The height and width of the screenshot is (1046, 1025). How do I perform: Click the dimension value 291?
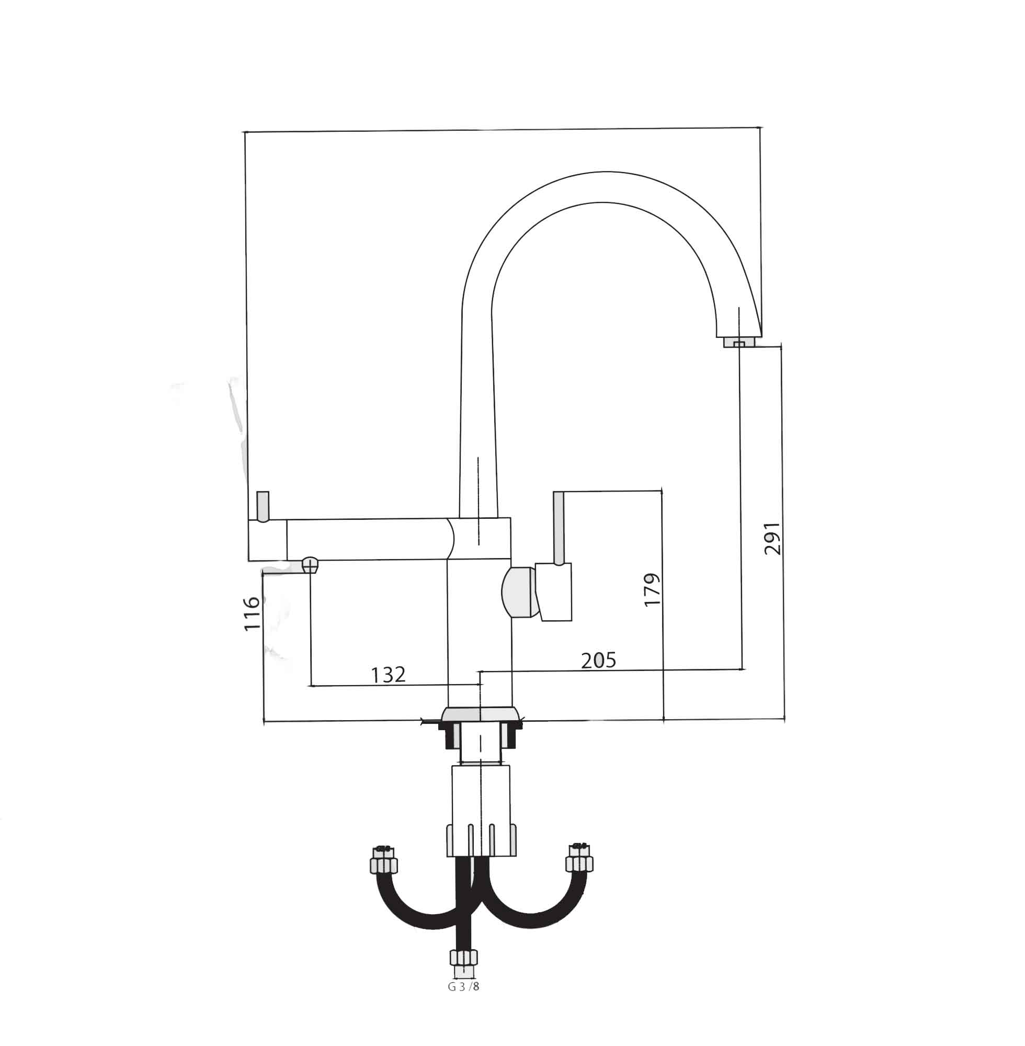[x=772, y=538]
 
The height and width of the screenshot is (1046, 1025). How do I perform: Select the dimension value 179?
[x=653, y=590]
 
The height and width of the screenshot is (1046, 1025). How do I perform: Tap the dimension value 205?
[x=599, y=661]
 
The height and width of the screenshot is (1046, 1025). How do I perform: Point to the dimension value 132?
[x=388, y=675]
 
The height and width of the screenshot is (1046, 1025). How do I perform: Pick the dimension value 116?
[x=252, y=613]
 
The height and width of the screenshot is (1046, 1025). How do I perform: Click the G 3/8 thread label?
[x=463, y=987]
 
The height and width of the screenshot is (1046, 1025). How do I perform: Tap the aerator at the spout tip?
[x=739, y=342]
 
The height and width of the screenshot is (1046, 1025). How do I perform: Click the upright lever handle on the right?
[x=559, y=528]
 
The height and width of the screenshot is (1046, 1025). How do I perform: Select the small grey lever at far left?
[x=263, y=507]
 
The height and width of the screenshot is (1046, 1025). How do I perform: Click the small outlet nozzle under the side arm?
[x=310, y=565]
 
